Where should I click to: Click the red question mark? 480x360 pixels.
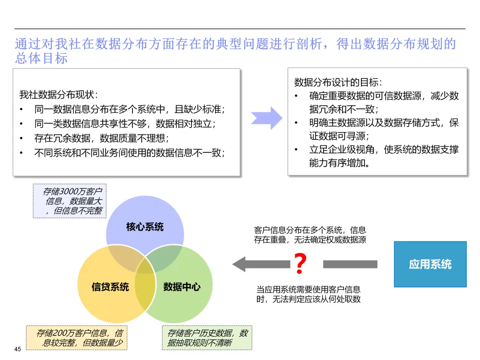(300, 264)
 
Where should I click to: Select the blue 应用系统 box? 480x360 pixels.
(430, 264)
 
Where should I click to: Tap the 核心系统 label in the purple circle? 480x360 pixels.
(145, 227)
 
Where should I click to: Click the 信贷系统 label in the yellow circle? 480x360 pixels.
(110, 287)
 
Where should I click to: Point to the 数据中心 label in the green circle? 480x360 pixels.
(182, 287)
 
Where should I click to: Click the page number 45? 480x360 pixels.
(18, 349)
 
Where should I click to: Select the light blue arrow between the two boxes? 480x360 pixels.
(267, 118)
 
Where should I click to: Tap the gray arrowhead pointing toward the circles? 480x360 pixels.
(240, 264)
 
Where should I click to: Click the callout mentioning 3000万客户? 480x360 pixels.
(70, 201)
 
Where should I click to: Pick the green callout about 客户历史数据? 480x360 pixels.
(207, 338)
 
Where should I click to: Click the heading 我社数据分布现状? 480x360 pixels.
(59, 95)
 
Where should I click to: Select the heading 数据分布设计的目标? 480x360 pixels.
(338, 82)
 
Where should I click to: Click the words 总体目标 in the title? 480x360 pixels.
(41, 59)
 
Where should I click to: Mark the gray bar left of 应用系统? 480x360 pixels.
(350, 264)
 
